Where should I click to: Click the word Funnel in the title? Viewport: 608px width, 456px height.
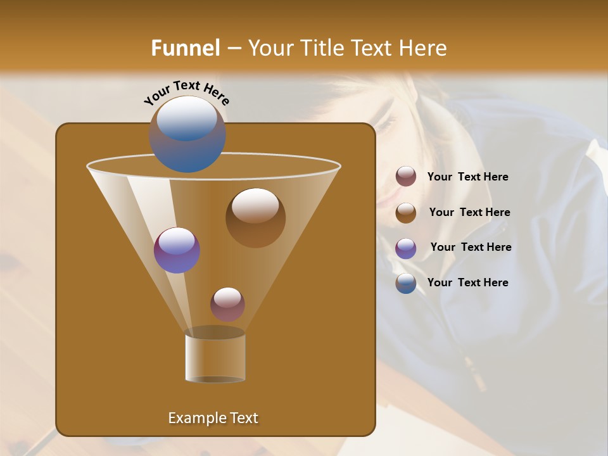point(185,48)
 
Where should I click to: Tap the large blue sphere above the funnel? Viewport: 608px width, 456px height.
point(187,134)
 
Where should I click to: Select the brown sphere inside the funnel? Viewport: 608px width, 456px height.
point(255,217)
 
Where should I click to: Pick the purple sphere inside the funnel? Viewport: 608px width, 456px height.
point(177,250)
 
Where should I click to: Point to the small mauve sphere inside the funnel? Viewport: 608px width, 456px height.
point(227,304)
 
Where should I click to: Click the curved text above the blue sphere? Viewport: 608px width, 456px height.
point(187,92)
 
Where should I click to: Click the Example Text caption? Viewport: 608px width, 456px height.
point(213,418)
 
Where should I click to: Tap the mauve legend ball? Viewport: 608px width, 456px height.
point(406,177)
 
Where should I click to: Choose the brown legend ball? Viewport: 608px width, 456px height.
point(406,213)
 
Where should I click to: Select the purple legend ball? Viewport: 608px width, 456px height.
point(406,248)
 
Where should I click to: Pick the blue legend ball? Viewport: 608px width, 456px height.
point(406,283)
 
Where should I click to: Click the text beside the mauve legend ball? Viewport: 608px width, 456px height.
point(467,177)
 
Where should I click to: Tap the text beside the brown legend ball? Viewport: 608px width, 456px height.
point(469,213)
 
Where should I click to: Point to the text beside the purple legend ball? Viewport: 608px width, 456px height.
point(471,248)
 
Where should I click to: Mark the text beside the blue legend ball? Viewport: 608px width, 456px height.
point(467,283)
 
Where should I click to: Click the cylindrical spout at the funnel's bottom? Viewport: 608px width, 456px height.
point(215,358)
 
